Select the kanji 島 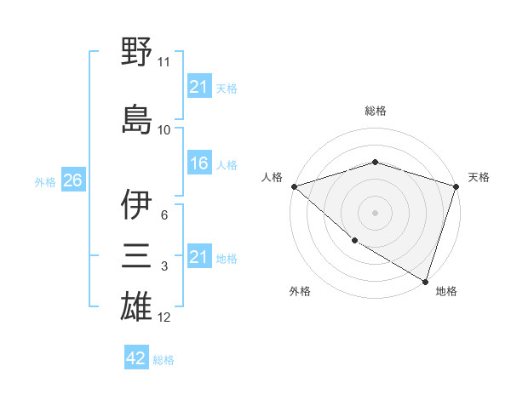pos(136,118)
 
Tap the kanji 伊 pos(136,205)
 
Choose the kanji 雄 pos(136,307)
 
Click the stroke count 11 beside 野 pos(164,62)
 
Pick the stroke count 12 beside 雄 pos(164,317)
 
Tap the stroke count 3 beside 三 pos(164,266)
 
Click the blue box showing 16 pos(198,163)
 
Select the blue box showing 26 pos(72,181)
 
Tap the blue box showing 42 pos(135,358)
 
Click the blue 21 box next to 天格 pos(198,87)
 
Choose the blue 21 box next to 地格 pos(198,257)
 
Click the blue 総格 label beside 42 pos(164,360)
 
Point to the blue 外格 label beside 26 pos(45,182)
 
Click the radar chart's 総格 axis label pos(376,111)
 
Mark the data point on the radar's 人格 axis pos(294,186)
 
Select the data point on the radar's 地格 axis pos(424,280)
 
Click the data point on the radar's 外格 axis pos(353,241)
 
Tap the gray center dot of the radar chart pos(376,213)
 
